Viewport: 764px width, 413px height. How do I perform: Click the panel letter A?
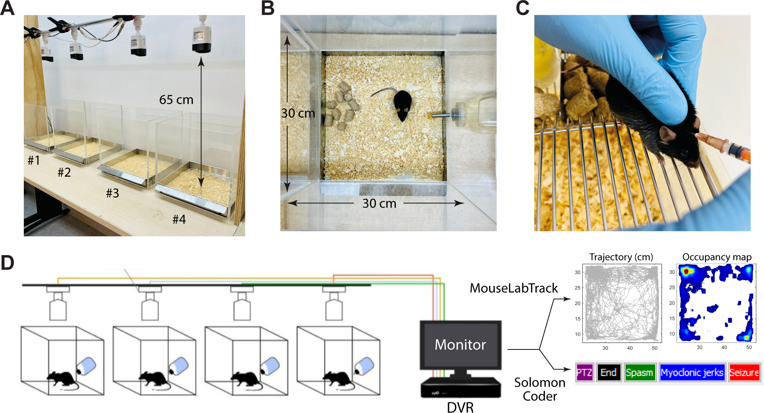[x=8, y=8]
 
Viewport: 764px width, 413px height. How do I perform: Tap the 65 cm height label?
[x=176, y=100]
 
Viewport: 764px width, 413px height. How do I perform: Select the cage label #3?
[x=112, y=193]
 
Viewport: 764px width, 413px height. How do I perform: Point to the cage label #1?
[x=34, y=160]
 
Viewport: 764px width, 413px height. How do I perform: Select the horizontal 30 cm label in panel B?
[x=379, y=203]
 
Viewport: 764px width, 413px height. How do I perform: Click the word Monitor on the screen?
[x=460, y=345]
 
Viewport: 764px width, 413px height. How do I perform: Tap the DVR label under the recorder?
[x=460, y=407]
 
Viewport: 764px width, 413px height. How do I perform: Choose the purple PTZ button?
[x=584, y=372]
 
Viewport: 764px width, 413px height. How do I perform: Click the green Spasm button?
[x=639, y=372]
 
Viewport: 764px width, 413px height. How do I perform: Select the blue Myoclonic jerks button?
[x=692, y=372]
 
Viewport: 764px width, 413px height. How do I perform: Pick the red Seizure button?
[x=744, y=372]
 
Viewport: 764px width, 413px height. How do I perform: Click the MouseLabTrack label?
[x=514, y=288]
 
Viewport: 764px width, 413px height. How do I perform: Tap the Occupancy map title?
[x=717, y=257]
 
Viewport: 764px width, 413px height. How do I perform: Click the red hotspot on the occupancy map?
[x=685, y=271]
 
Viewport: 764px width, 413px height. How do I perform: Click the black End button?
[x=608, y=372]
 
